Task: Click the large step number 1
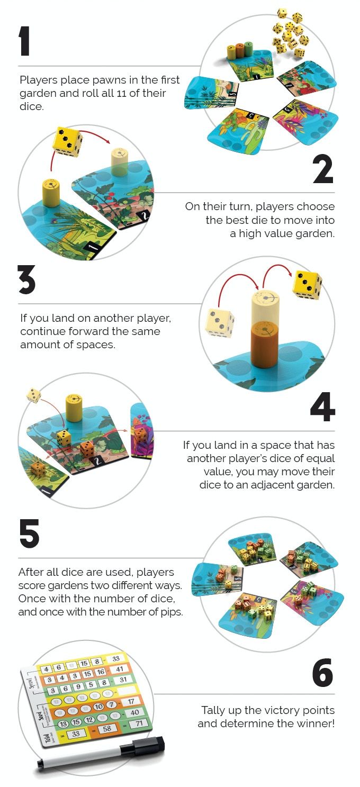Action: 24,41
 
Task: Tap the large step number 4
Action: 322,407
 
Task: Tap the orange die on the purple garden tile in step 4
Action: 140,436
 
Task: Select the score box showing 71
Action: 139,723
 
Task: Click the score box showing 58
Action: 107,728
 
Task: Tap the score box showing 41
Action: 120,669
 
